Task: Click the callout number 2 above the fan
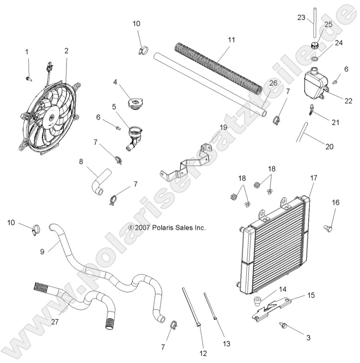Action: pos(67,51)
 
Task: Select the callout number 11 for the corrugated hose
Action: pos(231,41)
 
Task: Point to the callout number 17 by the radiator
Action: pos(313,178)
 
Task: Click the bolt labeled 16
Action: pos(328,227)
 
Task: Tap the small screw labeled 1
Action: pos(28,78)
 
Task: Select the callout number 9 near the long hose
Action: pos(42,252)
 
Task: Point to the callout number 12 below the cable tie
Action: pos(203,354)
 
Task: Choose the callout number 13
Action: pos(227,344)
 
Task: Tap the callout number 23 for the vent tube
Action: pos(301,18)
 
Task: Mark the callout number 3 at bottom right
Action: pos(308,337)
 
